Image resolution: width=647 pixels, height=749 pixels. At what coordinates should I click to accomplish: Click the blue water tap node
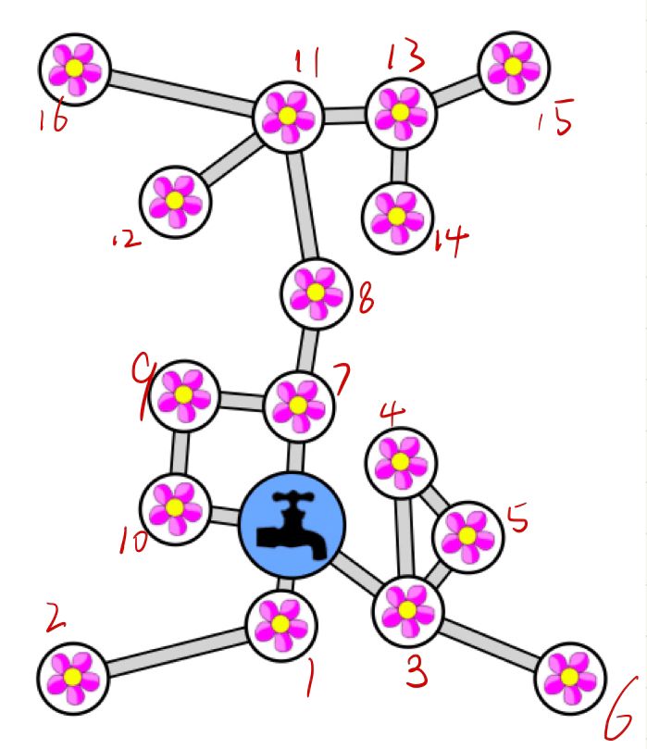[292, 525]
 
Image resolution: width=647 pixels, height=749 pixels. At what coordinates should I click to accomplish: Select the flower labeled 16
[75, 68]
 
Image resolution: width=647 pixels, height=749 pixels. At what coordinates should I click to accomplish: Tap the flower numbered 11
[288, 116]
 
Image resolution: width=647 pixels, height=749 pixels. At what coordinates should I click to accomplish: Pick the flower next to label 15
[514, 66]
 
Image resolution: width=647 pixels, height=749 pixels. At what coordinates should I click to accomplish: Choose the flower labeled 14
[396, 217]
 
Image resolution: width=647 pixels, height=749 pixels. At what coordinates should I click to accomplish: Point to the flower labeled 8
[317, 293]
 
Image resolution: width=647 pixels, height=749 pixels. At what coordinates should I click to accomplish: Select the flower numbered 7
[297, 405]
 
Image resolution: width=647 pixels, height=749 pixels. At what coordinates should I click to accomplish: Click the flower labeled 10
[173, 506]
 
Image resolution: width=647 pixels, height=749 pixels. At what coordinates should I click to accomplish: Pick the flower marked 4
[400, 459]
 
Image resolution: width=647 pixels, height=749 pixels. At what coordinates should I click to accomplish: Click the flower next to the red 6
[569, 679]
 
